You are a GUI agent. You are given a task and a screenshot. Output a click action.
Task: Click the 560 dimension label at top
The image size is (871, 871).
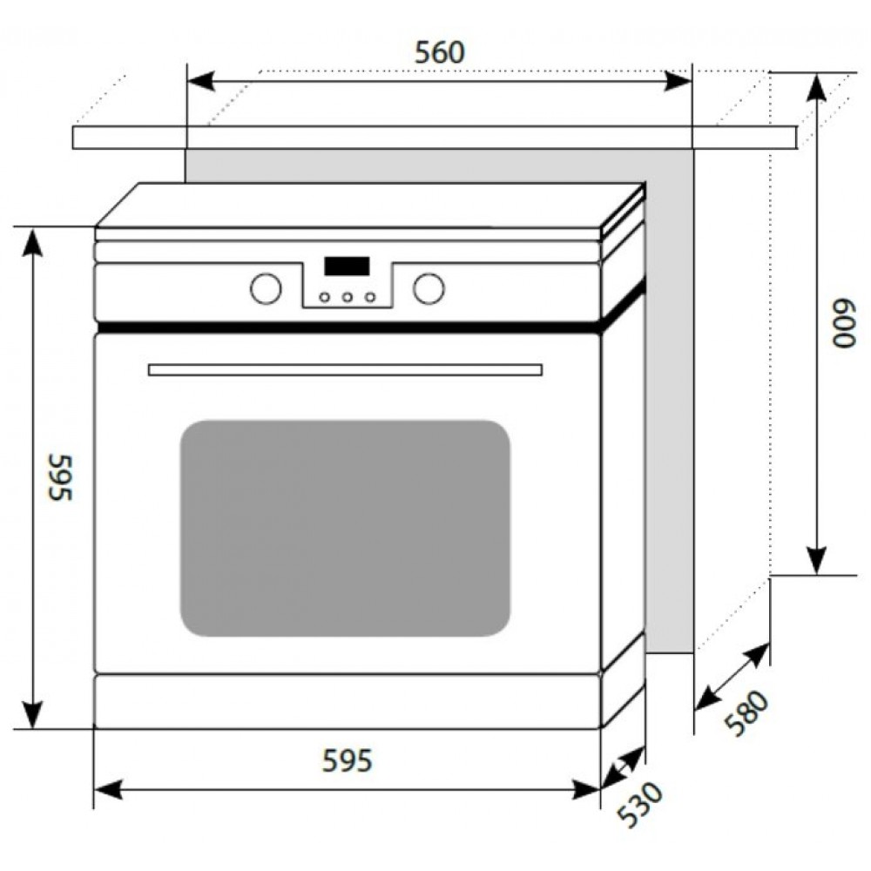439,53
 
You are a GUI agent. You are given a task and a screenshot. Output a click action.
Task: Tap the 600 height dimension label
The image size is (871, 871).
844,324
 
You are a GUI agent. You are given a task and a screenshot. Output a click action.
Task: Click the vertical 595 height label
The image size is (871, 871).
61,477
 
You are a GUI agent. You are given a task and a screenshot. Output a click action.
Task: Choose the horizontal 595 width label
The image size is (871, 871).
348,760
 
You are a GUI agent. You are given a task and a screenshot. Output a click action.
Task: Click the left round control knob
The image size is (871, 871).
266,289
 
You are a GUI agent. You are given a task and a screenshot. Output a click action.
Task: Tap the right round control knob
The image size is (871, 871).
429,289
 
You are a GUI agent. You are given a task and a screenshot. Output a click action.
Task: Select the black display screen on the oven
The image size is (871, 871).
348,266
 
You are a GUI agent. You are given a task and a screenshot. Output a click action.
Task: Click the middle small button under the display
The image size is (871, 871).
348,297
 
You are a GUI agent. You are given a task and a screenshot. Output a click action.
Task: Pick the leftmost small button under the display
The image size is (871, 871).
325,297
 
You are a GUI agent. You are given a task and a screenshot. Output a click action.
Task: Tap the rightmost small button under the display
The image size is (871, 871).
370,297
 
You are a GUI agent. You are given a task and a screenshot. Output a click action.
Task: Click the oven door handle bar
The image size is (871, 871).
345,370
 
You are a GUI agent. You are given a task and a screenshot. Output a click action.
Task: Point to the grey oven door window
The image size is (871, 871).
345,529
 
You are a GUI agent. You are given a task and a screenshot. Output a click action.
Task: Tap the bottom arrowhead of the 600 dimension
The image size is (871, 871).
816,561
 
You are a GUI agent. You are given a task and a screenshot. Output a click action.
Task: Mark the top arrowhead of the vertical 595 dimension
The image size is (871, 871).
33,241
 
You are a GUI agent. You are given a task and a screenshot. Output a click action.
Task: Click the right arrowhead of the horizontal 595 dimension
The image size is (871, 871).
586,789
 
